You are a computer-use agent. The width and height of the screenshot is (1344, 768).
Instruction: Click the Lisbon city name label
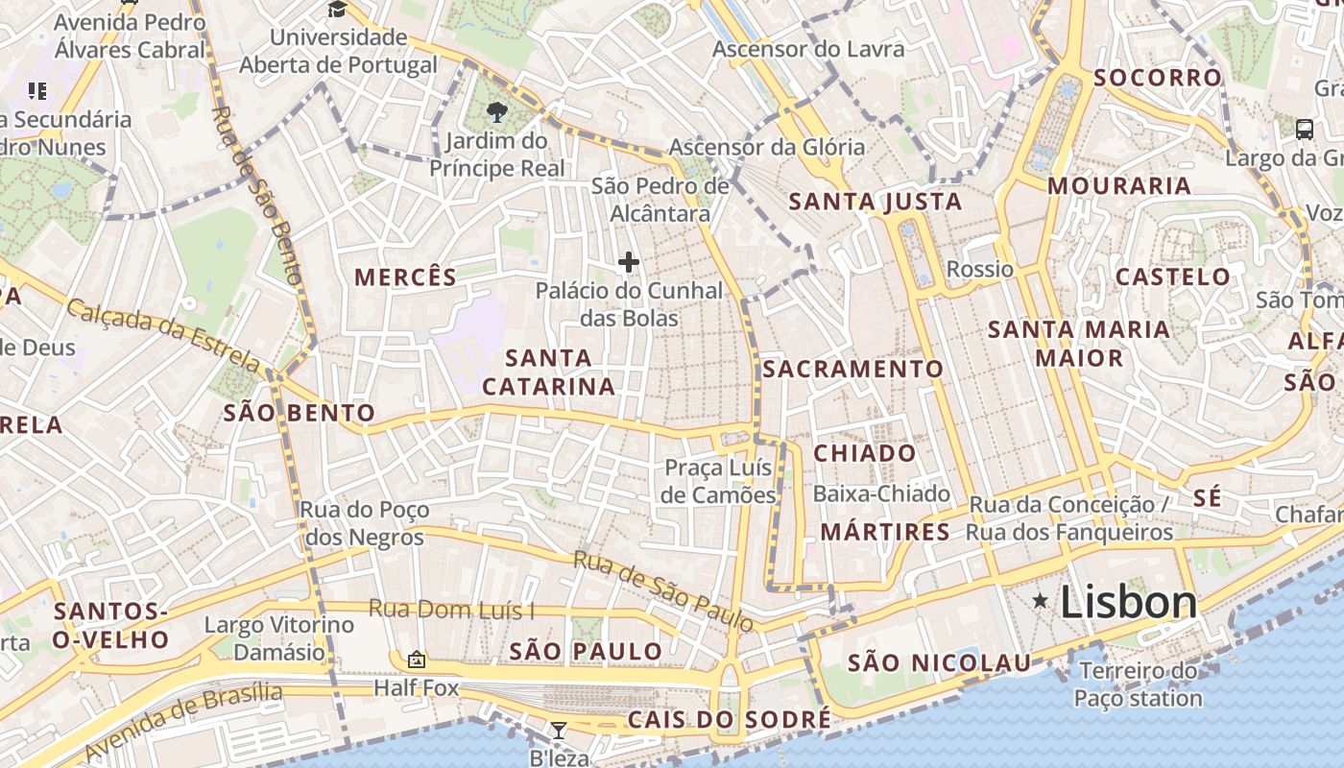pos(1129,602)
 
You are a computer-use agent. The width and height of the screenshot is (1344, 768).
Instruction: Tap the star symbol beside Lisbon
pos(1040,601)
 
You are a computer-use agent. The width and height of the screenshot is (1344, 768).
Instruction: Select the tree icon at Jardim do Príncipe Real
pos(496,112)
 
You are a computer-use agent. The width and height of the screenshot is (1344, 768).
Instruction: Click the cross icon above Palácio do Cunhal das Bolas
pos(629,261)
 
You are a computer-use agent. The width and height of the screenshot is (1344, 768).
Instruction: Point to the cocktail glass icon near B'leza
pos(558,730)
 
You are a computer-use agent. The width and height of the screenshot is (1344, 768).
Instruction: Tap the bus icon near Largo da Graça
pos(1304,129)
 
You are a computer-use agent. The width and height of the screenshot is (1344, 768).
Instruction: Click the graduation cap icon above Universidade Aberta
pos(337,9)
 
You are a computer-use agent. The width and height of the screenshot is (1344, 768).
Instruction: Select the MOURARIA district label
pos(1118,185)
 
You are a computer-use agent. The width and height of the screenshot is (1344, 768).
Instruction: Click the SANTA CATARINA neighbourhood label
pos(548,372)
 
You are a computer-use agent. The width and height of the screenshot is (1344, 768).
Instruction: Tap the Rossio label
pos(979,269)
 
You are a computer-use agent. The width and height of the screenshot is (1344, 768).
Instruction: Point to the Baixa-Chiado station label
pos(881,493)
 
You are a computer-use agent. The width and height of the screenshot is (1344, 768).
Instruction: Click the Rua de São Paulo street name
pos(662,590)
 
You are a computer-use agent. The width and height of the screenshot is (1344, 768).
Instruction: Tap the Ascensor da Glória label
pos(767,147)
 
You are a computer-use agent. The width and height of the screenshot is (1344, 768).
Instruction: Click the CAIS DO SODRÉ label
pos(730,719)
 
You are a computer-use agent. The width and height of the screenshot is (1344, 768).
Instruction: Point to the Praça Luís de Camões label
pos(720,481)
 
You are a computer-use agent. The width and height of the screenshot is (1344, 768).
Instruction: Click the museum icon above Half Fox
pos(417,660)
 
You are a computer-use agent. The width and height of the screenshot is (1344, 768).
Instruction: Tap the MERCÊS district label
pos(405,277)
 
